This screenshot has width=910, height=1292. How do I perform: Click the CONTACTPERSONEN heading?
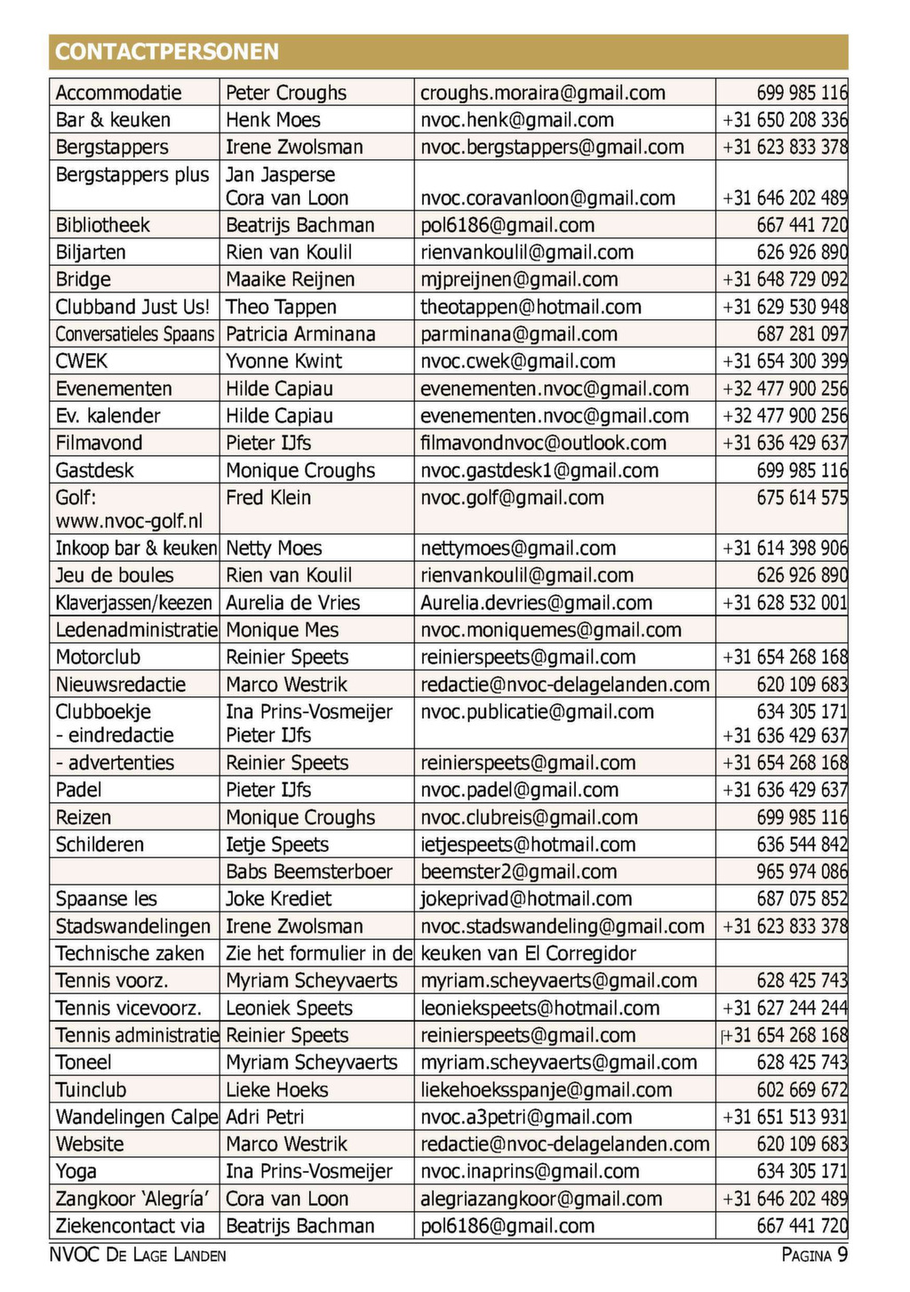pyautogui.click(x=167, y=52)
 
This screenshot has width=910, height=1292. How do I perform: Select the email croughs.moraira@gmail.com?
pyautogui.click(x=542, y=92)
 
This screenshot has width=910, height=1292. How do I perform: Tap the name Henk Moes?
pyautogui.click(x=273, y=120)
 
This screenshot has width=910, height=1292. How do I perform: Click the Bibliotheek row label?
pyautogui.click(x=102, y=225)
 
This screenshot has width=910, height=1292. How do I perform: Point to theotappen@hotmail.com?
pyautogui.click(x=531, y=307)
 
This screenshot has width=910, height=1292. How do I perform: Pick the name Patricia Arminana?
pyautogui.click(x=300, y=334)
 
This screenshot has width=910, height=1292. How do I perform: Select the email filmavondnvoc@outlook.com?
pyautogui.click(x=543, y=443)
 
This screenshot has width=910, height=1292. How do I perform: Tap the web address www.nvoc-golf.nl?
pyautogui.click(x=129, y=521)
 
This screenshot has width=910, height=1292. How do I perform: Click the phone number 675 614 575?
pyautogui.click(x=802, y=498)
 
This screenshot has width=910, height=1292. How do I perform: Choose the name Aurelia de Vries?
pyautogui.click(x=292, y=603)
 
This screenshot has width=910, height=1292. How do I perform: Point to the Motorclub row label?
pyautogui.click(x=98, y=657)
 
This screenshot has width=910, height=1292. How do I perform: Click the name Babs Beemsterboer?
pyautogui.click(x=308, y=871)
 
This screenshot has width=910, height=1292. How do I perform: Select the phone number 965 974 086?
pyautogui.click(x=802, y=871)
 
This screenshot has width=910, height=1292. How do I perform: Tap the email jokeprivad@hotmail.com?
pyautogui.click(x=526, y=899)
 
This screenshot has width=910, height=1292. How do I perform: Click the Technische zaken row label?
pyautogui.click(x=130, y=953)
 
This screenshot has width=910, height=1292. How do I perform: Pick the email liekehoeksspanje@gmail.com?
pyautogui.click(x=546, y=1089)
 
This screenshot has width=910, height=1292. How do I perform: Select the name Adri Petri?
pyautogui.click(x=265, y=1117)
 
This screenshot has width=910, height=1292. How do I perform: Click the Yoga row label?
pyautogui.click(x=76, y=1171)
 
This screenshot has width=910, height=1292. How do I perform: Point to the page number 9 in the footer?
pyautogui.click(x=842, y=1255)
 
